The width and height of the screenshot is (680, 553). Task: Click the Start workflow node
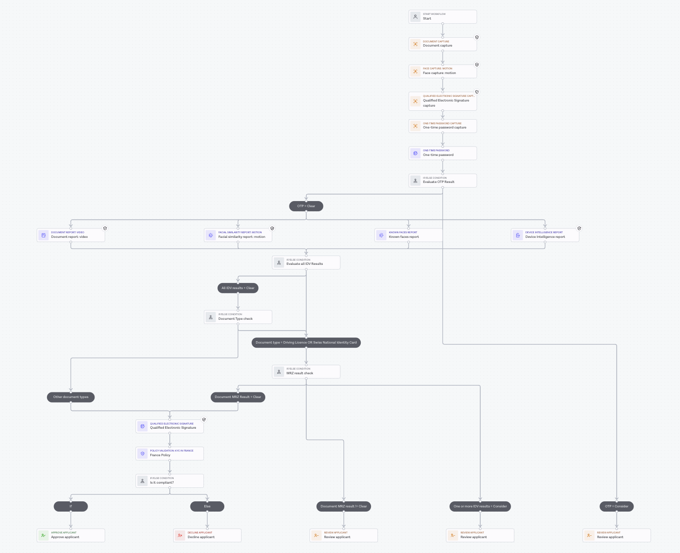(442, 17)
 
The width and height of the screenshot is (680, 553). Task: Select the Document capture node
(442, 44)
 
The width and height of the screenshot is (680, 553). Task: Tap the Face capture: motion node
(442, 71)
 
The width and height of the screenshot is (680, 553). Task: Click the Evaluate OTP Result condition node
(442, 181)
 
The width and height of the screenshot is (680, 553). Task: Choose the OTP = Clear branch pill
(306, 206)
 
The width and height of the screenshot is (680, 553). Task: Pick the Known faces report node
(408, 235)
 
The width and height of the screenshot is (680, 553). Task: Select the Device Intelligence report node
(545, 235)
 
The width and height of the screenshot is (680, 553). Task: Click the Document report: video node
(71, 235)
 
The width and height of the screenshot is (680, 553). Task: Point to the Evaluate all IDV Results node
(306, 263)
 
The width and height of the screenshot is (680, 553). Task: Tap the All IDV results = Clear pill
(238, 288)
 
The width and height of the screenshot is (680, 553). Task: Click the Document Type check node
(238, 317)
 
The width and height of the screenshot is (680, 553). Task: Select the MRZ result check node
(306, 371)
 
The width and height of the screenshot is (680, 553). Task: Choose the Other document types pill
(71, 397)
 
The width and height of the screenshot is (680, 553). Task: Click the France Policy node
(169, 453)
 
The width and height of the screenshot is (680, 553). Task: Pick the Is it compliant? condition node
(169, 481)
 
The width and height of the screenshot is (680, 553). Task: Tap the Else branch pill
(207, 506)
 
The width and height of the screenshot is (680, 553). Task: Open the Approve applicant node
(71, 535)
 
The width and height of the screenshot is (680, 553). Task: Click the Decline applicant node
(207, 535)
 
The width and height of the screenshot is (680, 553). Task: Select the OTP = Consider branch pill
(616, 506)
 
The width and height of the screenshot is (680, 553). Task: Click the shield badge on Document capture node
(477, 37)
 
